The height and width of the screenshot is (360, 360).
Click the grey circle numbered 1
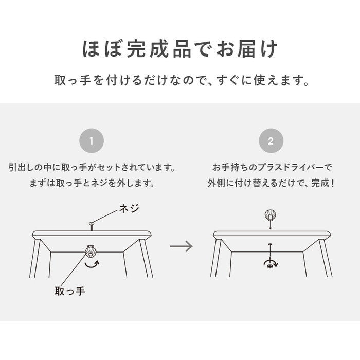[x=92, y=141]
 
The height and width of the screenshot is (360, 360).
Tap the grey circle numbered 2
[x=271, y=141]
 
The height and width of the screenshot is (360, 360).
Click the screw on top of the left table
[x=91, y=224]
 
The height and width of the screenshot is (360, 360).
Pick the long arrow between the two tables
[x=181, y=246]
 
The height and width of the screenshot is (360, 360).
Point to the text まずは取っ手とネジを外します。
[x=92, y=183]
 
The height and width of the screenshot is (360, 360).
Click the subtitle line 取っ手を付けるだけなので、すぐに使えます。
[x=180, y=81]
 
